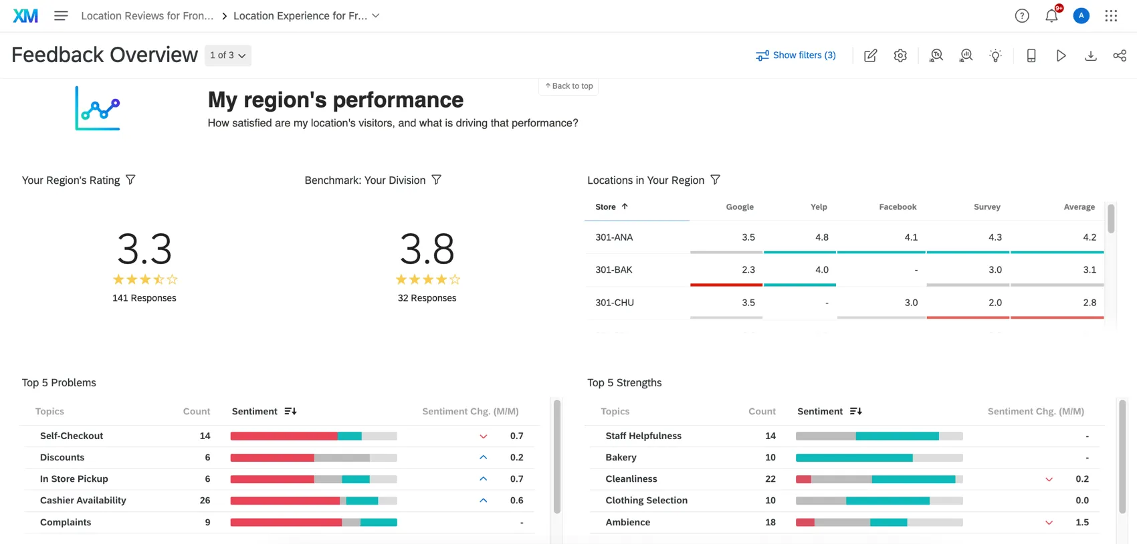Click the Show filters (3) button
tap(796, 55)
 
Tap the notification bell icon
tap(1051, 16)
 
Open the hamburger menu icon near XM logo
tap(61, 15)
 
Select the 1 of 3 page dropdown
tap(227, 55)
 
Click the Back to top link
tap(568, 86)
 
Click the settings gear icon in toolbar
tap(900, 55)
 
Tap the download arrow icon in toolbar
tap(1090, 55)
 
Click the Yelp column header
tap(819, 207)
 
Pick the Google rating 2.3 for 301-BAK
tap(748, 270)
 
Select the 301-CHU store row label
tap(614, 303)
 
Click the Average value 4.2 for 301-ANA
tap(1089, 237)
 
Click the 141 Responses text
tap(144, 298)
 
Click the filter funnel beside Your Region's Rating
tap(130, 180)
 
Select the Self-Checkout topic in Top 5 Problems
tap(72, 436)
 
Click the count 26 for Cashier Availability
tap(205, 501)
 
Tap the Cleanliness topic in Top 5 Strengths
tap(631, 479)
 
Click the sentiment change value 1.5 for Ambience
tap(1081, 523)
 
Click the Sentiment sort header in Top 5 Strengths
tap(829, 412)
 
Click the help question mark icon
tap(1021, 16)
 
